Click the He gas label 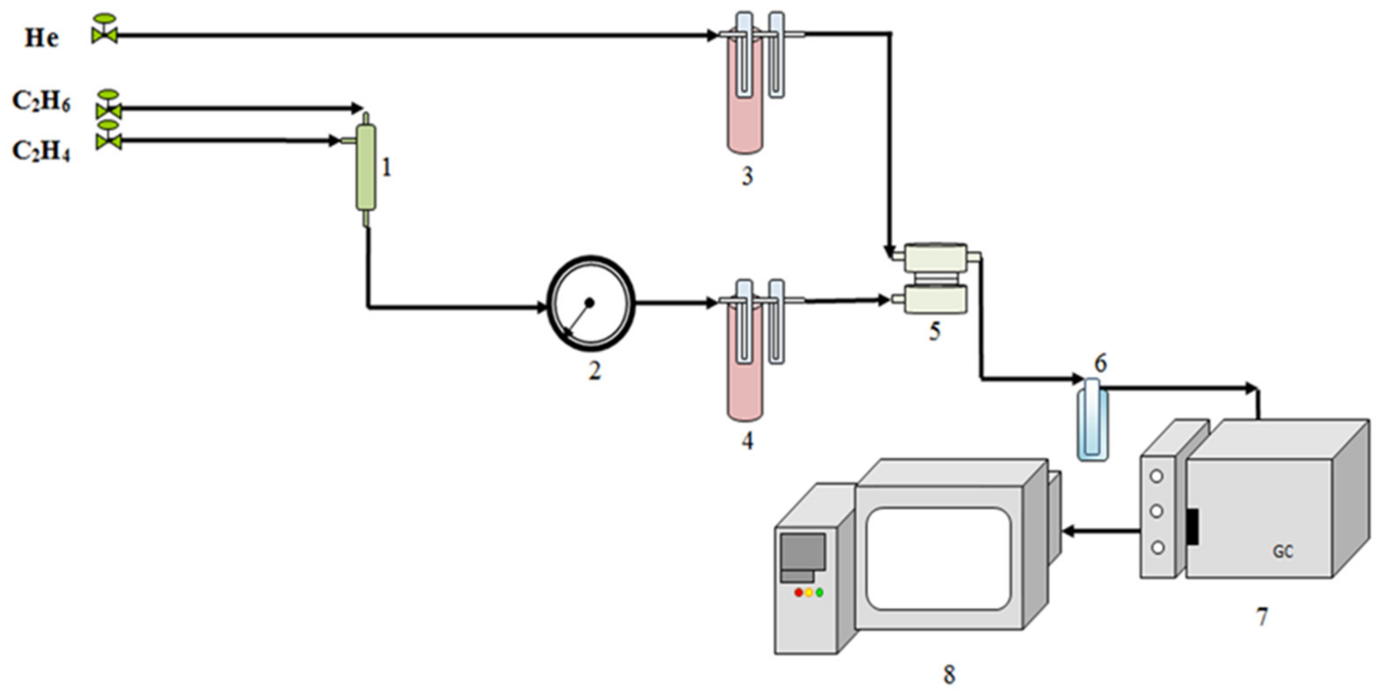click(42, 38)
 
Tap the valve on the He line click(105, 30)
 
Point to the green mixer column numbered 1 click(366, 167)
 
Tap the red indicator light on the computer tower click(798, 593)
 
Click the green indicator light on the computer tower click(819, 593)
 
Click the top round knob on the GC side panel click(1157, 476)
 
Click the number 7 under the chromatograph click(1262, 617)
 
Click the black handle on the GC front click(1192, 527)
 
